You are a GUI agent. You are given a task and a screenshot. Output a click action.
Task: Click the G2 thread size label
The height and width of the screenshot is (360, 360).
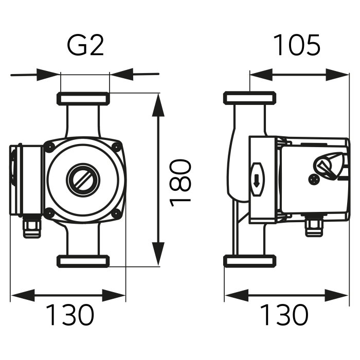(x=85, y=46)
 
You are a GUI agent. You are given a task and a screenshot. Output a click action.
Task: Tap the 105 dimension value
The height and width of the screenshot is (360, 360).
(x=296, y=46)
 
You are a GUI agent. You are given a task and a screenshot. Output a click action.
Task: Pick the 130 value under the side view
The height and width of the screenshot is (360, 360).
(x=284, y=315)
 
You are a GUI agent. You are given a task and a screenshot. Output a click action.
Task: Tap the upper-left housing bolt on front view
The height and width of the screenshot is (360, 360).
(x=49, y=147)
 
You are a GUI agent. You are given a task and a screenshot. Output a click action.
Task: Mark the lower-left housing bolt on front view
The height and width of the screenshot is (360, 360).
(x=49, y=212)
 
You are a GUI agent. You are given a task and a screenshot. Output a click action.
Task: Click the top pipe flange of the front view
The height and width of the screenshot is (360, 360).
(x=83, y=98)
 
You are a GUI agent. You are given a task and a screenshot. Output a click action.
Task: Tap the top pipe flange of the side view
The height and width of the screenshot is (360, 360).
(x=251, y=98)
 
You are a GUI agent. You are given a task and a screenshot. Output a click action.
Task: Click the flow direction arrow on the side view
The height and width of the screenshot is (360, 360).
(x=256, y=179)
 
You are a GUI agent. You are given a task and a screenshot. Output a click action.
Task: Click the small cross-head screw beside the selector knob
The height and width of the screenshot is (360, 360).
(x=314, y=179)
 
